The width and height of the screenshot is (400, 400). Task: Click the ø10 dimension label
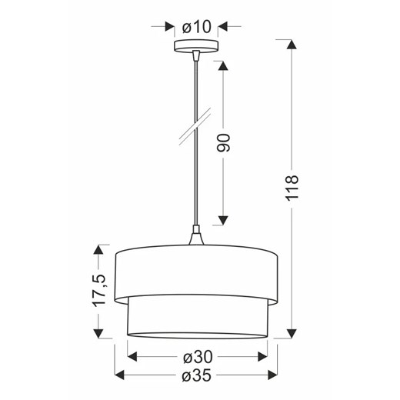pos(197,27)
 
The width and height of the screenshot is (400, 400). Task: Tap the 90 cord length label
pos(223,143)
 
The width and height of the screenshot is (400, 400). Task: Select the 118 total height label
pos(292,188)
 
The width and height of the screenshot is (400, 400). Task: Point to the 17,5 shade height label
pos(99,290)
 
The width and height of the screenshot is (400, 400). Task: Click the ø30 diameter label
pos(198,357)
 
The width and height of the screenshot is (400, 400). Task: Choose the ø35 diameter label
pos(197,375)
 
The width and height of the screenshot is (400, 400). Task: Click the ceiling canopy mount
pos(196,45)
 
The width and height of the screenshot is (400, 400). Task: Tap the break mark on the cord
pos(195,126)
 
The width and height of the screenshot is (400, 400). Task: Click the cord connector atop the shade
pos(196,235)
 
